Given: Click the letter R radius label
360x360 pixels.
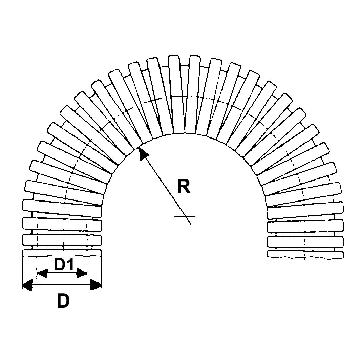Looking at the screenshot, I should pos(184,187).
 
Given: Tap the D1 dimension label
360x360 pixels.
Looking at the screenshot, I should pos(64,265).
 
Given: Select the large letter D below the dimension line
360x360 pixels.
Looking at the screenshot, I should pos(63,301).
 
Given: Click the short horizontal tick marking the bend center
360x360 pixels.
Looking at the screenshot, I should pos(185,216).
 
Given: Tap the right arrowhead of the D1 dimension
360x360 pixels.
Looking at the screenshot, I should pos(82,273).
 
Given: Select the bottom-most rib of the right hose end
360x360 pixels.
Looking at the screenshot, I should pos(305,255).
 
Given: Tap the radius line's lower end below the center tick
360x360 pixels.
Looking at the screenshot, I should pos(190,222).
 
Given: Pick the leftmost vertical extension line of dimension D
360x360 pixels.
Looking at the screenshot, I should pos(23,271).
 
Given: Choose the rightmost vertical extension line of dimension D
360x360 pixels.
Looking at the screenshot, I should pos(101,271).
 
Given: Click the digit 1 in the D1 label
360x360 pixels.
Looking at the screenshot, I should pos(70,265).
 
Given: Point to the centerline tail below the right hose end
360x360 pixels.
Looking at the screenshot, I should pos(305,259).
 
